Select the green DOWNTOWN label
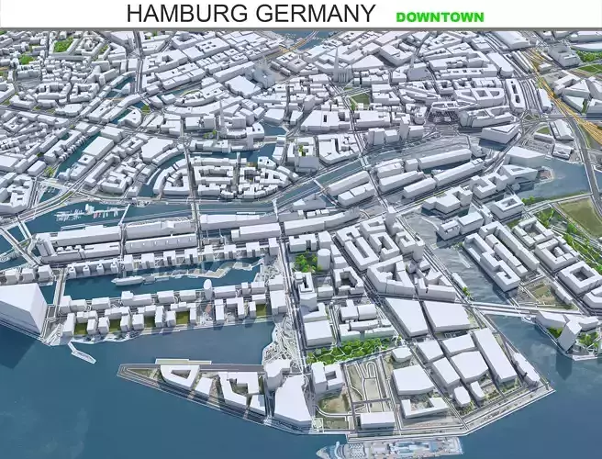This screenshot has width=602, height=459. click(440, 17)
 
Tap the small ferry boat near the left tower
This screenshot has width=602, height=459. click(82, 353)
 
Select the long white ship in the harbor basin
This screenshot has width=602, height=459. click(129, 279)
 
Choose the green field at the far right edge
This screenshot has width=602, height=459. click(582, 216)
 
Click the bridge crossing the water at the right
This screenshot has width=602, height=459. click(514, 312)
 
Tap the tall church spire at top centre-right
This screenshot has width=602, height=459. click(336, 60)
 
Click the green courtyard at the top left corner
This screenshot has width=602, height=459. click(62, 44)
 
